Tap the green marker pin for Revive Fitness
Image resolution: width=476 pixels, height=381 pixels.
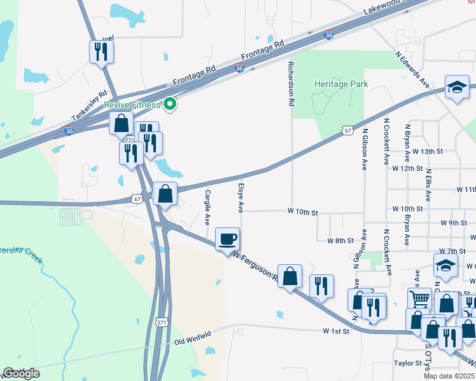(x=170, y=104)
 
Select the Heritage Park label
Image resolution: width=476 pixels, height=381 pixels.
(x=340, y=84)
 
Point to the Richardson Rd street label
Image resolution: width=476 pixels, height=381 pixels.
(x=292, y=84)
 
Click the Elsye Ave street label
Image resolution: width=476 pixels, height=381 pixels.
(x=241, y=197)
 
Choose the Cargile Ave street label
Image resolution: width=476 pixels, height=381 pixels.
(x=207, y=208)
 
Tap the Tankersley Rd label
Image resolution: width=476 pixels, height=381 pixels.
(x=89, y=105)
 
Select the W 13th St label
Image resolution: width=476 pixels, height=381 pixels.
(x=426, y=152)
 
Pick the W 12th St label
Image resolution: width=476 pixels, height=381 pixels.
(x=407, y=169)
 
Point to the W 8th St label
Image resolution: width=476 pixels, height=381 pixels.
(x=340, y=241)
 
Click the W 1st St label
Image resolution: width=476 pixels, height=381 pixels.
(x=336, y=331)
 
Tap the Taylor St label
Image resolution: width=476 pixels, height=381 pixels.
(x=407, y=364)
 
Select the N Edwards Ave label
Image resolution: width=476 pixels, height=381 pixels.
(x=413, y=70)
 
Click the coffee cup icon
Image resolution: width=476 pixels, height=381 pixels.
(x=228, y=239)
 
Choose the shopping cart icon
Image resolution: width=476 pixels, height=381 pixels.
(x=419, y=298)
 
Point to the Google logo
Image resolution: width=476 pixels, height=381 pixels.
(x=21, y=373)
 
